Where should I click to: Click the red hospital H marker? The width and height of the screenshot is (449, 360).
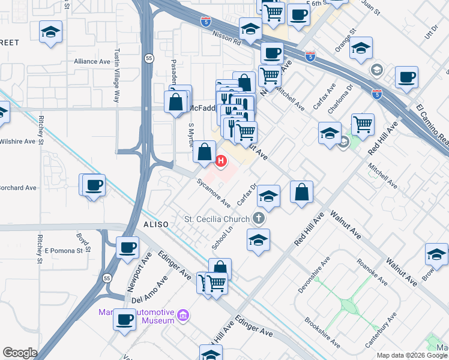[221, 161]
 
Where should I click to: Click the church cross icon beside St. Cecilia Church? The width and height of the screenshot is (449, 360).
[259, 218]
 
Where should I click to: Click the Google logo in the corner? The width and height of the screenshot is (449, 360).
[20, 353]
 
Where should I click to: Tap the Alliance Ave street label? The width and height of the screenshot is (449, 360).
[89, 61]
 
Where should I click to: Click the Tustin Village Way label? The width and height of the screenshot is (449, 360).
[117, 69]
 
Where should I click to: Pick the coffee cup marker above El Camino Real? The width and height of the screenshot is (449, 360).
[406, 77]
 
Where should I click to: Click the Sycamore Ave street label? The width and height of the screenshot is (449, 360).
[214, 193]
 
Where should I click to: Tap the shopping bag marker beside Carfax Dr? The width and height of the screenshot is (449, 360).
[302, 193]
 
